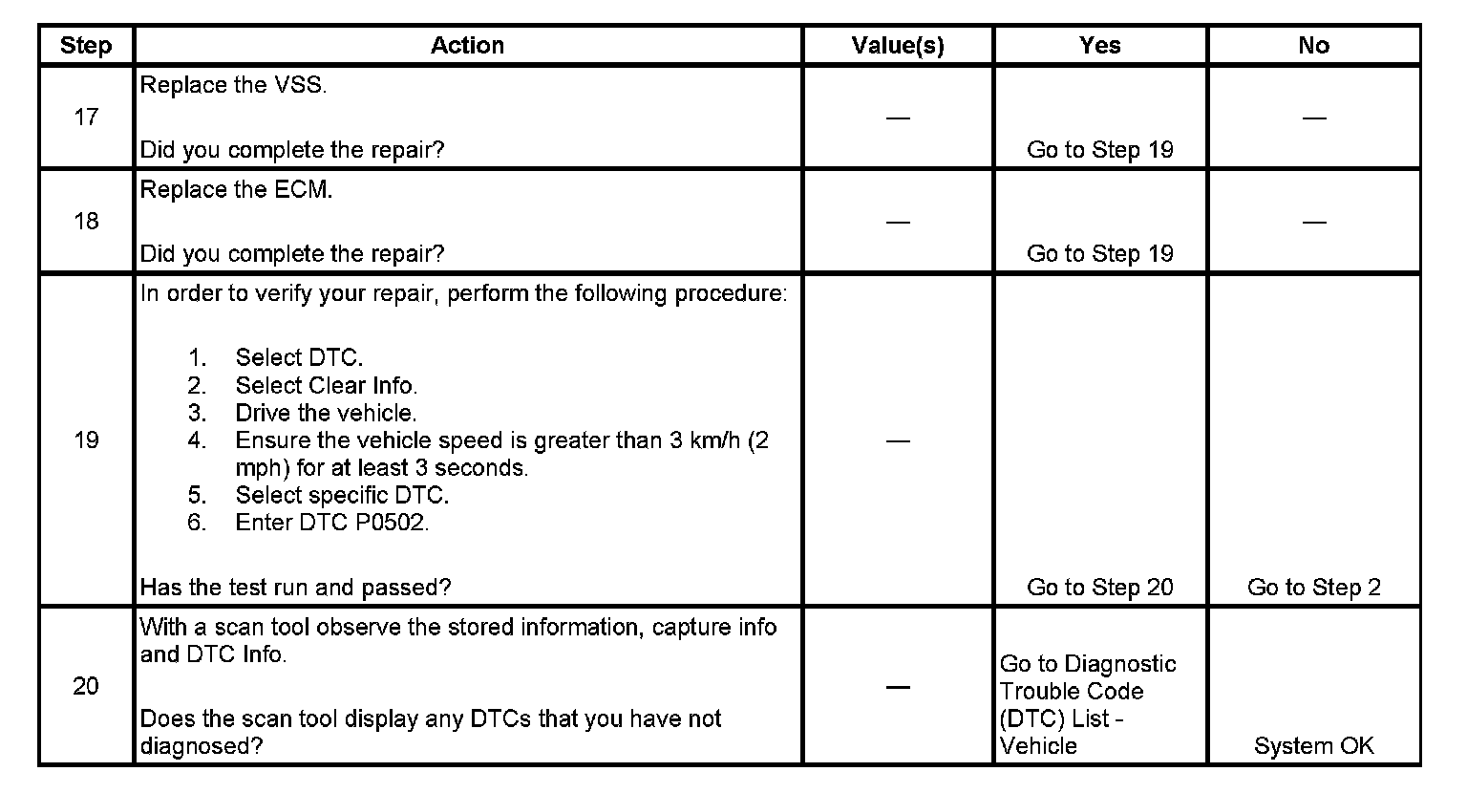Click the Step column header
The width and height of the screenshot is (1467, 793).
(x=86, y=46)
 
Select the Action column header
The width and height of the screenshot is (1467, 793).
(x=467, y=46)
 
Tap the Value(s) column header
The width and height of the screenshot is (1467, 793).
(x=898, y=46)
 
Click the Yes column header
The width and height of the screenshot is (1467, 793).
(x=1099, y=46)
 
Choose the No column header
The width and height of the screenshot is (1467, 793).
(x=1313, y=46)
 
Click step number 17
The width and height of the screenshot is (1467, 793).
(x=86, y=118)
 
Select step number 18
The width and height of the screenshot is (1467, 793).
(x=86, y=222)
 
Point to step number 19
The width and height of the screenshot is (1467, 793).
(x=86, y=440)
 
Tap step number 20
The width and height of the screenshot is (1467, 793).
(x=86, y=686)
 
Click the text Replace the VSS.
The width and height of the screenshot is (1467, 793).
(x=234, y=86)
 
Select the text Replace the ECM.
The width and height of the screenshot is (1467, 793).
(x=237, y=190)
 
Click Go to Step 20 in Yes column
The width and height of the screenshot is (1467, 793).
(x=1099, y=588)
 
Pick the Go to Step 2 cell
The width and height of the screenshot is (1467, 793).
(x=1313, y=588)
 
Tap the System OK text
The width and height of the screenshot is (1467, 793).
(x=1313, y=746)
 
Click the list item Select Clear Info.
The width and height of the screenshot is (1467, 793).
(x=326, y=386)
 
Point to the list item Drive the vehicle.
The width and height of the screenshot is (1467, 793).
(x=326, y=414)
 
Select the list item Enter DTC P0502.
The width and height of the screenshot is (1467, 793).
(x=331, y=523)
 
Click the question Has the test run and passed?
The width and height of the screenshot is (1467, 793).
(x=295, y=588)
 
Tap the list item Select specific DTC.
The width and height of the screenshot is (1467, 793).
(x=342, y=495)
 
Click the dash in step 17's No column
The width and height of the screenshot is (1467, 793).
(x=1313, y=118)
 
